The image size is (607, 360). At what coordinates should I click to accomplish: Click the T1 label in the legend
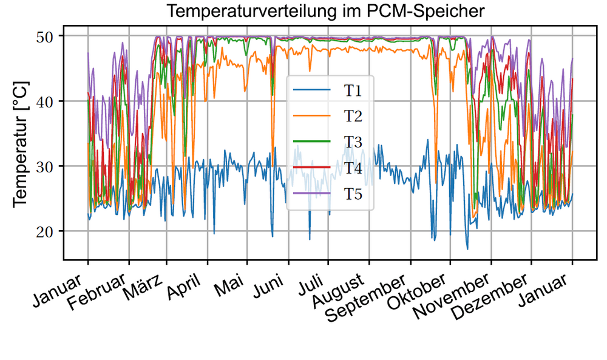click(x=353, y=90)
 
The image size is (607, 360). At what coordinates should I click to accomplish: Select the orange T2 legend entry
click(x=353, y=116)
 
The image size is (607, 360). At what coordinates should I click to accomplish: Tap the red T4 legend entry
click(x=353, y=168)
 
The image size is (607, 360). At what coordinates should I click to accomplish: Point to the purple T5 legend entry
click(x=353, y=194)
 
